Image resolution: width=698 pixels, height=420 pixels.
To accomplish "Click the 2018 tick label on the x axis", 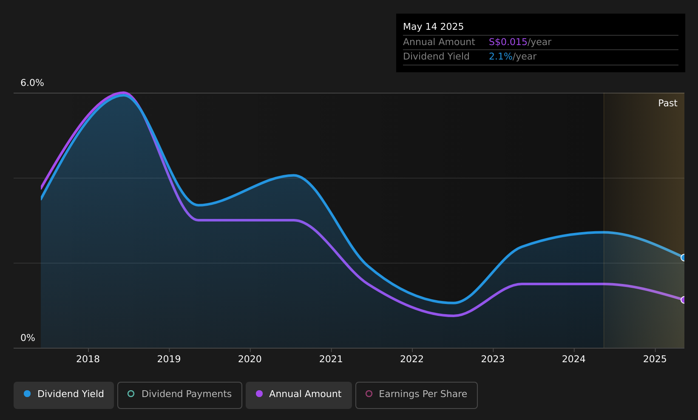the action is pyautogui.click(x=88, y=359).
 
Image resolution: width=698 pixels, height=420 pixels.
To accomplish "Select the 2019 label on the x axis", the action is pyautogui.click(x=169, y=359).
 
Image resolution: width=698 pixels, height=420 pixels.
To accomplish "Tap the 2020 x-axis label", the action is pyautogui.click(x=250, y=359).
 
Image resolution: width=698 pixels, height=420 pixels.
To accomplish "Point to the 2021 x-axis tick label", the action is pyautogui.click(x=331, y=359).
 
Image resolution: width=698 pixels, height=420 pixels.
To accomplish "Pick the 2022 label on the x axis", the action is pyautogui.click(x=412, y=359).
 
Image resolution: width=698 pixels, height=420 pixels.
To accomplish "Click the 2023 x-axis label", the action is pyautogui.click(x=493, y=359).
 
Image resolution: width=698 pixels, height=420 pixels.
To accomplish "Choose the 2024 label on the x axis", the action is pyautogui.click(x=574, y=359).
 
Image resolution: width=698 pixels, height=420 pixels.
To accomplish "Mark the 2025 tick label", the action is pyautogui.click(x=655, y=359).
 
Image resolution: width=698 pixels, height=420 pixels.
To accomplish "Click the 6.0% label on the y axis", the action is pyautogui.click(x=32, y=83).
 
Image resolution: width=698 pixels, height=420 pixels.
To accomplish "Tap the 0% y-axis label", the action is pyautogui.click(x=28, y=338).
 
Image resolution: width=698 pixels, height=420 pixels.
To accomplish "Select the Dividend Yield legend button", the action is pyautogui.click(x=64, y=395).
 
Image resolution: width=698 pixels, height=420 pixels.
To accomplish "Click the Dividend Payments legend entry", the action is pyautogui.click(x=180, y=395).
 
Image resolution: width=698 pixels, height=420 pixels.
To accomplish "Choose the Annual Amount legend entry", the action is pyautogui.click(x=299, y=395).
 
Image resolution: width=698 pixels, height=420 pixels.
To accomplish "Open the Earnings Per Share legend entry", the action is pyautogui.click(x=417, y=395).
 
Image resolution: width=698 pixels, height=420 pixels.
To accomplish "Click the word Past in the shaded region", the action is pyautogui.click(x=667, y=103).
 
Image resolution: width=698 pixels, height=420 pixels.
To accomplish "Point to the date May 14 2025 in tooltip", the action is pyautogui.click(x=433, y=27).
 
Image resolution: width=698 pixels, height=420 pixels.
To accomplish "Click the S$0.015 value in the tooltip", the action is pyautogui.click(x=508, y=42).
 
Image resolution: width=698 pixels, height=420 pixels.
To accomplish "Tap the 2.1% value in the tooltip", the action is pyautogui.click(x=500, y=57).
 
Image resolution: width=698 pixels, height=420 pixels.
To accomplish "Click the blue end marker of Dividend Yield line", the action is pyautogui.click(x=684, y=258).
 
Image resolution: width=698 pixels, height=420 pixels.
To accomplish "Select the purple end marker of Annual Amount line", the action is pyautogui.click(x=684, y=300).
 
